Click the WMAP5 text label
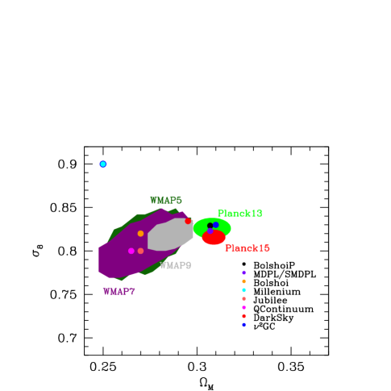click(x=166, y=200)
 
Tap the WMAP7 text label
click(x=119, y=291)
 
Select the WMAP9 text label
click(x=176, y=265)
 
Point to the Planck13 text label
click(x=239, y=213)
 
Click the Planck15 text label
click(x=247, y=248)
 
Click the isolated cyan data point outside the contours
click(x=103, y=164)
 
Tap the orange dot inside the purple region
click(x=140, y=234)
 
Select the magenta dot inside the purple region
click(x=131, y=251)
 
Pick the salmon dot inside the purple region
click(x=140, y=251)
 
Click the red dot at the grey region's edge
click(x=188, y=221)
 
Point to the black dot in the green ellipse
click(x=210, y=226)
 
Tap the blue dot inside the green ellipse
click(x=216, y=225)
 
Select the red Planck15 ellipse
click(x=214, y=239)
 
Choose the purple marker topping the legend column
click(x=243, y=272)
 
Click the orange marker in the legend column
click(x=243, y=281)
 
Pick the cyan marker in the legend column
click(x=243, y=290)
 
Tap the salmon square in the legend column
click(x=243, y=299)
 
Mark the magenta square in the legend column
click(x=243, y=307)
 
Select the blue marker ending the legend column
click(x=243, y=324)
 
